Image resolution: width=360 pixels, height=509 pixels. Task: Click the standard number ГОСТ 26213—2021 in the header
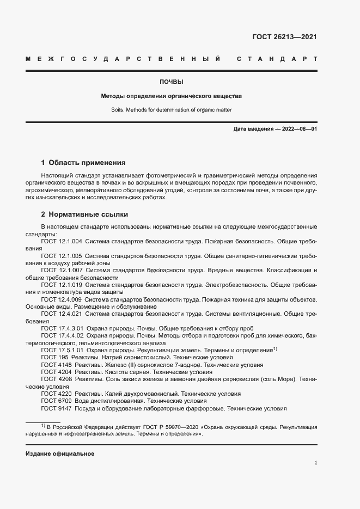pyautogui.click(x=284, y=38)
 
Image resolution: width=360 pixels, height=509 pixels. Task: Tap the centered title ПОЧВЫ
pyautogui.click(x=171, y=82)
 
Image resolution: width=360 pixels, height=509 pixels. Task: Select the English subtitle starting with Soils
pyautogui.click(x=171, y=110)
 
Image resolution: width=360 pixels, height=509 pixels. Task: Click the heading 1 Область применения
pyautogui.click(x=83, y=163)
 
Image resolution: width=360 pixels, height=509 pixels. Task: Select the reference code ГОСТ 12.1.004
pyautogui.click(x=62, y=241)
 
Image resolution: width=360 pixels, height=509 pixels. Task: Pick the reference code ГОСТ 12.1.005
pyautogui.click(x=62, y=255)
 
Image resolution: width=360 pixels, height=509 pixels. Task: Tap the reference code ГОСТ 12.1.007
pyautogui.click(x=62, y=270)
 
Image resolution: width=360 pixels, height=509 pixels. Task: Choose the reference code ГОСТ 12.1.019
pyautogui.click(x=62, y=285)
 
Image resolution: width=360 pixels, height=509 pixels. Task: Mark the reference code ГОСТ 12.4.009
pyautogui.click(x=62, y=299)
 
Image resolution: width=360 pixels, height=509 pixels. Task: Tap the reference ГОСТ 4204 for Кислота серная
pyautogui.click(x=56, y=372)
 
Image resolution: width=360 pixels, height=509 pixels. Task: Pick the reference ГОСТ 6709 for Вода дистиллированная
pyautogui.click(x=56, y=401)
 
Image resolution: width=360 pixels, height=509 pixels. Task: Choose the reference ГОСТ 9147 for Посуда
pyautogui.click(x=56, y=408)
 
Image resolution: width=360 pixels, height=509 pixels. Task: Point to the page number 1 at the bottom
pyautogui.click(x=316, y=463)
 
